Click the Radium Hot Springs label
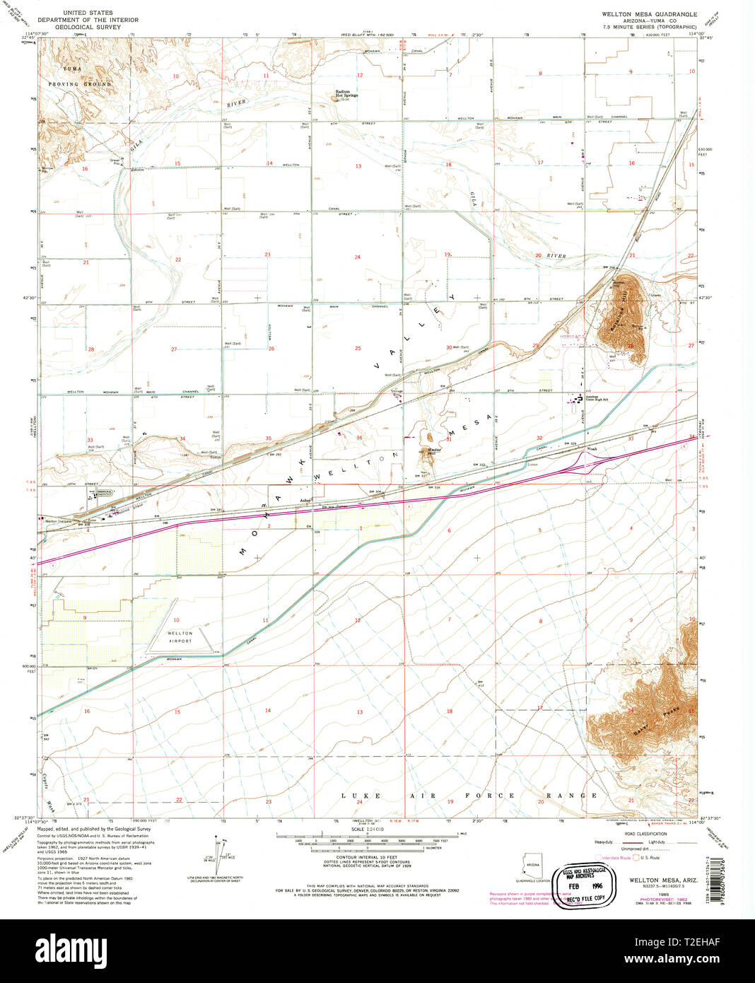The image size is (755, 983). pos(346,93)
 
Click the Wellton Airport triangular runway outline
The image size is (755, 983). pos(180,641)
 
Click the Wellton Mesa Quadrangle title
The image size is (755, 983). pos(649,13)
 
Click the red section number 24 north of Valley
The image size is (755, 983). pos(358,257)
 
